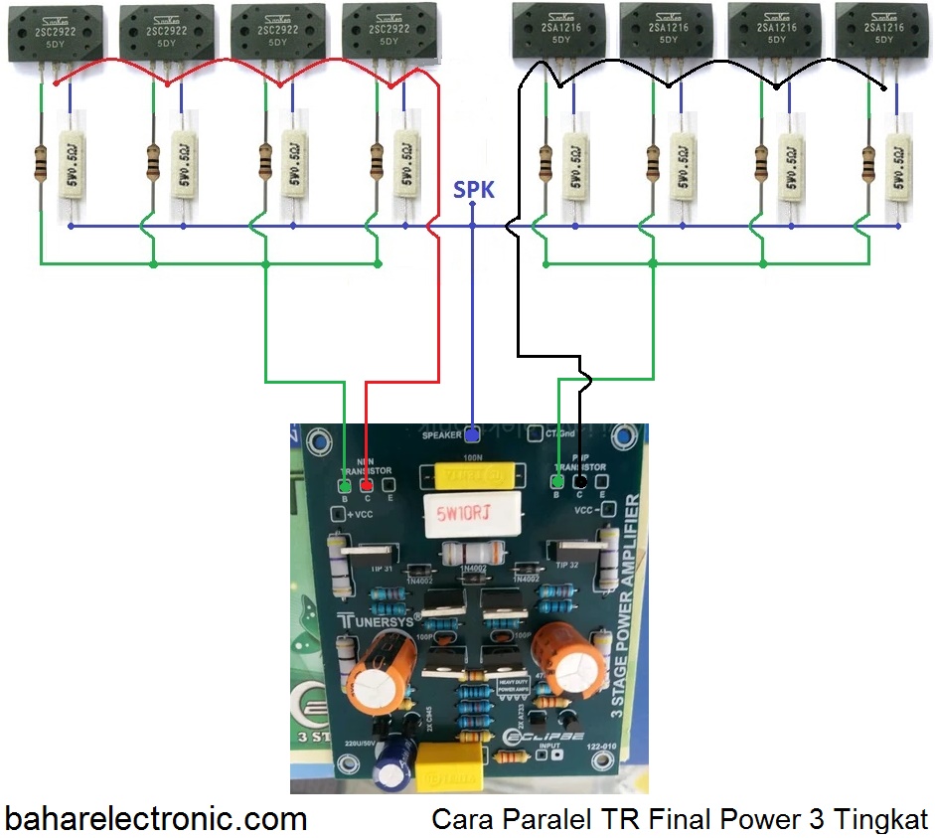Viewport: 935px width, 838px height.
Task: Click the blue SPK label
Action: pyautogui.click(x=473, y=189)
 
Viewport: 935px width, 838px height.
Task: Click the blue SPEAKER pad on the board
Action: pyautogui.click(x=472, y=434)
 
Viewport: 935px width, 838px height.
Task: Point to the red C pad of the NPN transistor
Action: pyautogui.click(x=367, y=485)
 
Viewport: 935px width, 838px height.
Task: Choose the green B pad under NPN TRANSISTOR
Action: pyautogui.click(x=344, y=485)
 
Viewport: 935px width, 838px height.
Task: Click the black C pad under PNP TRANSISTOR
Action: pyautogui.click(x=579, y=482)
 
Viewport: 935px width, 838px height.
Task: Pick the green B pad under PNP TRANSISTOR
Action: pyautogui.click(x=558, y=482)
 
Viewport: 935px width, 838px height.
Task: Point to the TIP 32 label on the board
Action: pyautogui.click(x=567, y=564)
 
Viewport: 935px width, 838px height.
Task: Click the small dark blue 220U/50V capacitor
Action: pyautogui.click(x=392, y=763)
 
